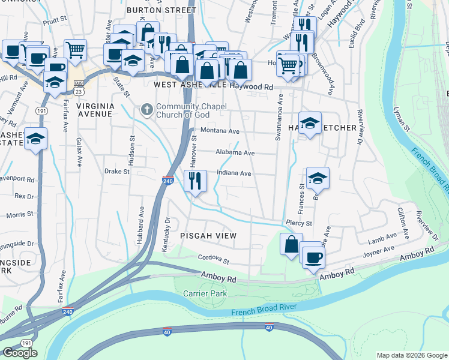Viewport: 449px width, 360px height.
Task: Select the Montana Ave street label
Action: (220, 131)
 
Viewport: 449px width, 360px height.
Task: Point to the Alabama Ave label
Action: (235, 153)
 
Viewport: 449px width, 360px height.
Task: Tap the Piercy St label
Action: (299, 223)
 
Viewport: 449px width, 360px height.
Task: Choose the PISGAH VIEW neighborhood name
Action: (208, 236)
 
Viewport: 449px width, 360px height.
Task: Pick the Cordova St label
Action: (214, 260)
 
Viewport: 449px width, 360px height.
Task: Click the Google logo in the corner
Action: (20, 353)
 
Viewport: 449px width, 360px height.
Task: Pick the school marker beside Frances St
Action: (318, 178)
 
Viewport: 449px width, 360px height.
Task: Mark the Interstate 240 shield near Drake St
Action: (169, 180)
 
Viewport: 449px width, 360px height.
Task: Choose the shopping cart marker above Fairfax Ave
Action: (76, 50)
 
